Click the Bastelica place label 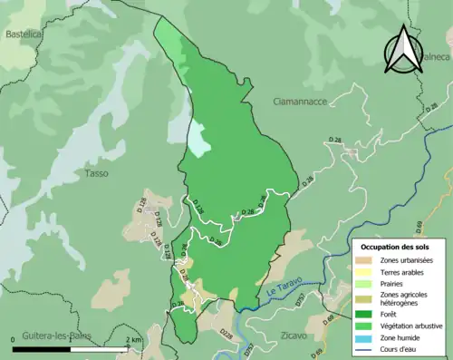point(24,34)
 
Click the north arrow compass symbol point(403,50)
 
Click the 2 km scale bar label point(133,339)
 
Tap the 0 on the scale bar point(14,339)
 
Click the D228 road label point(226,334)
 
